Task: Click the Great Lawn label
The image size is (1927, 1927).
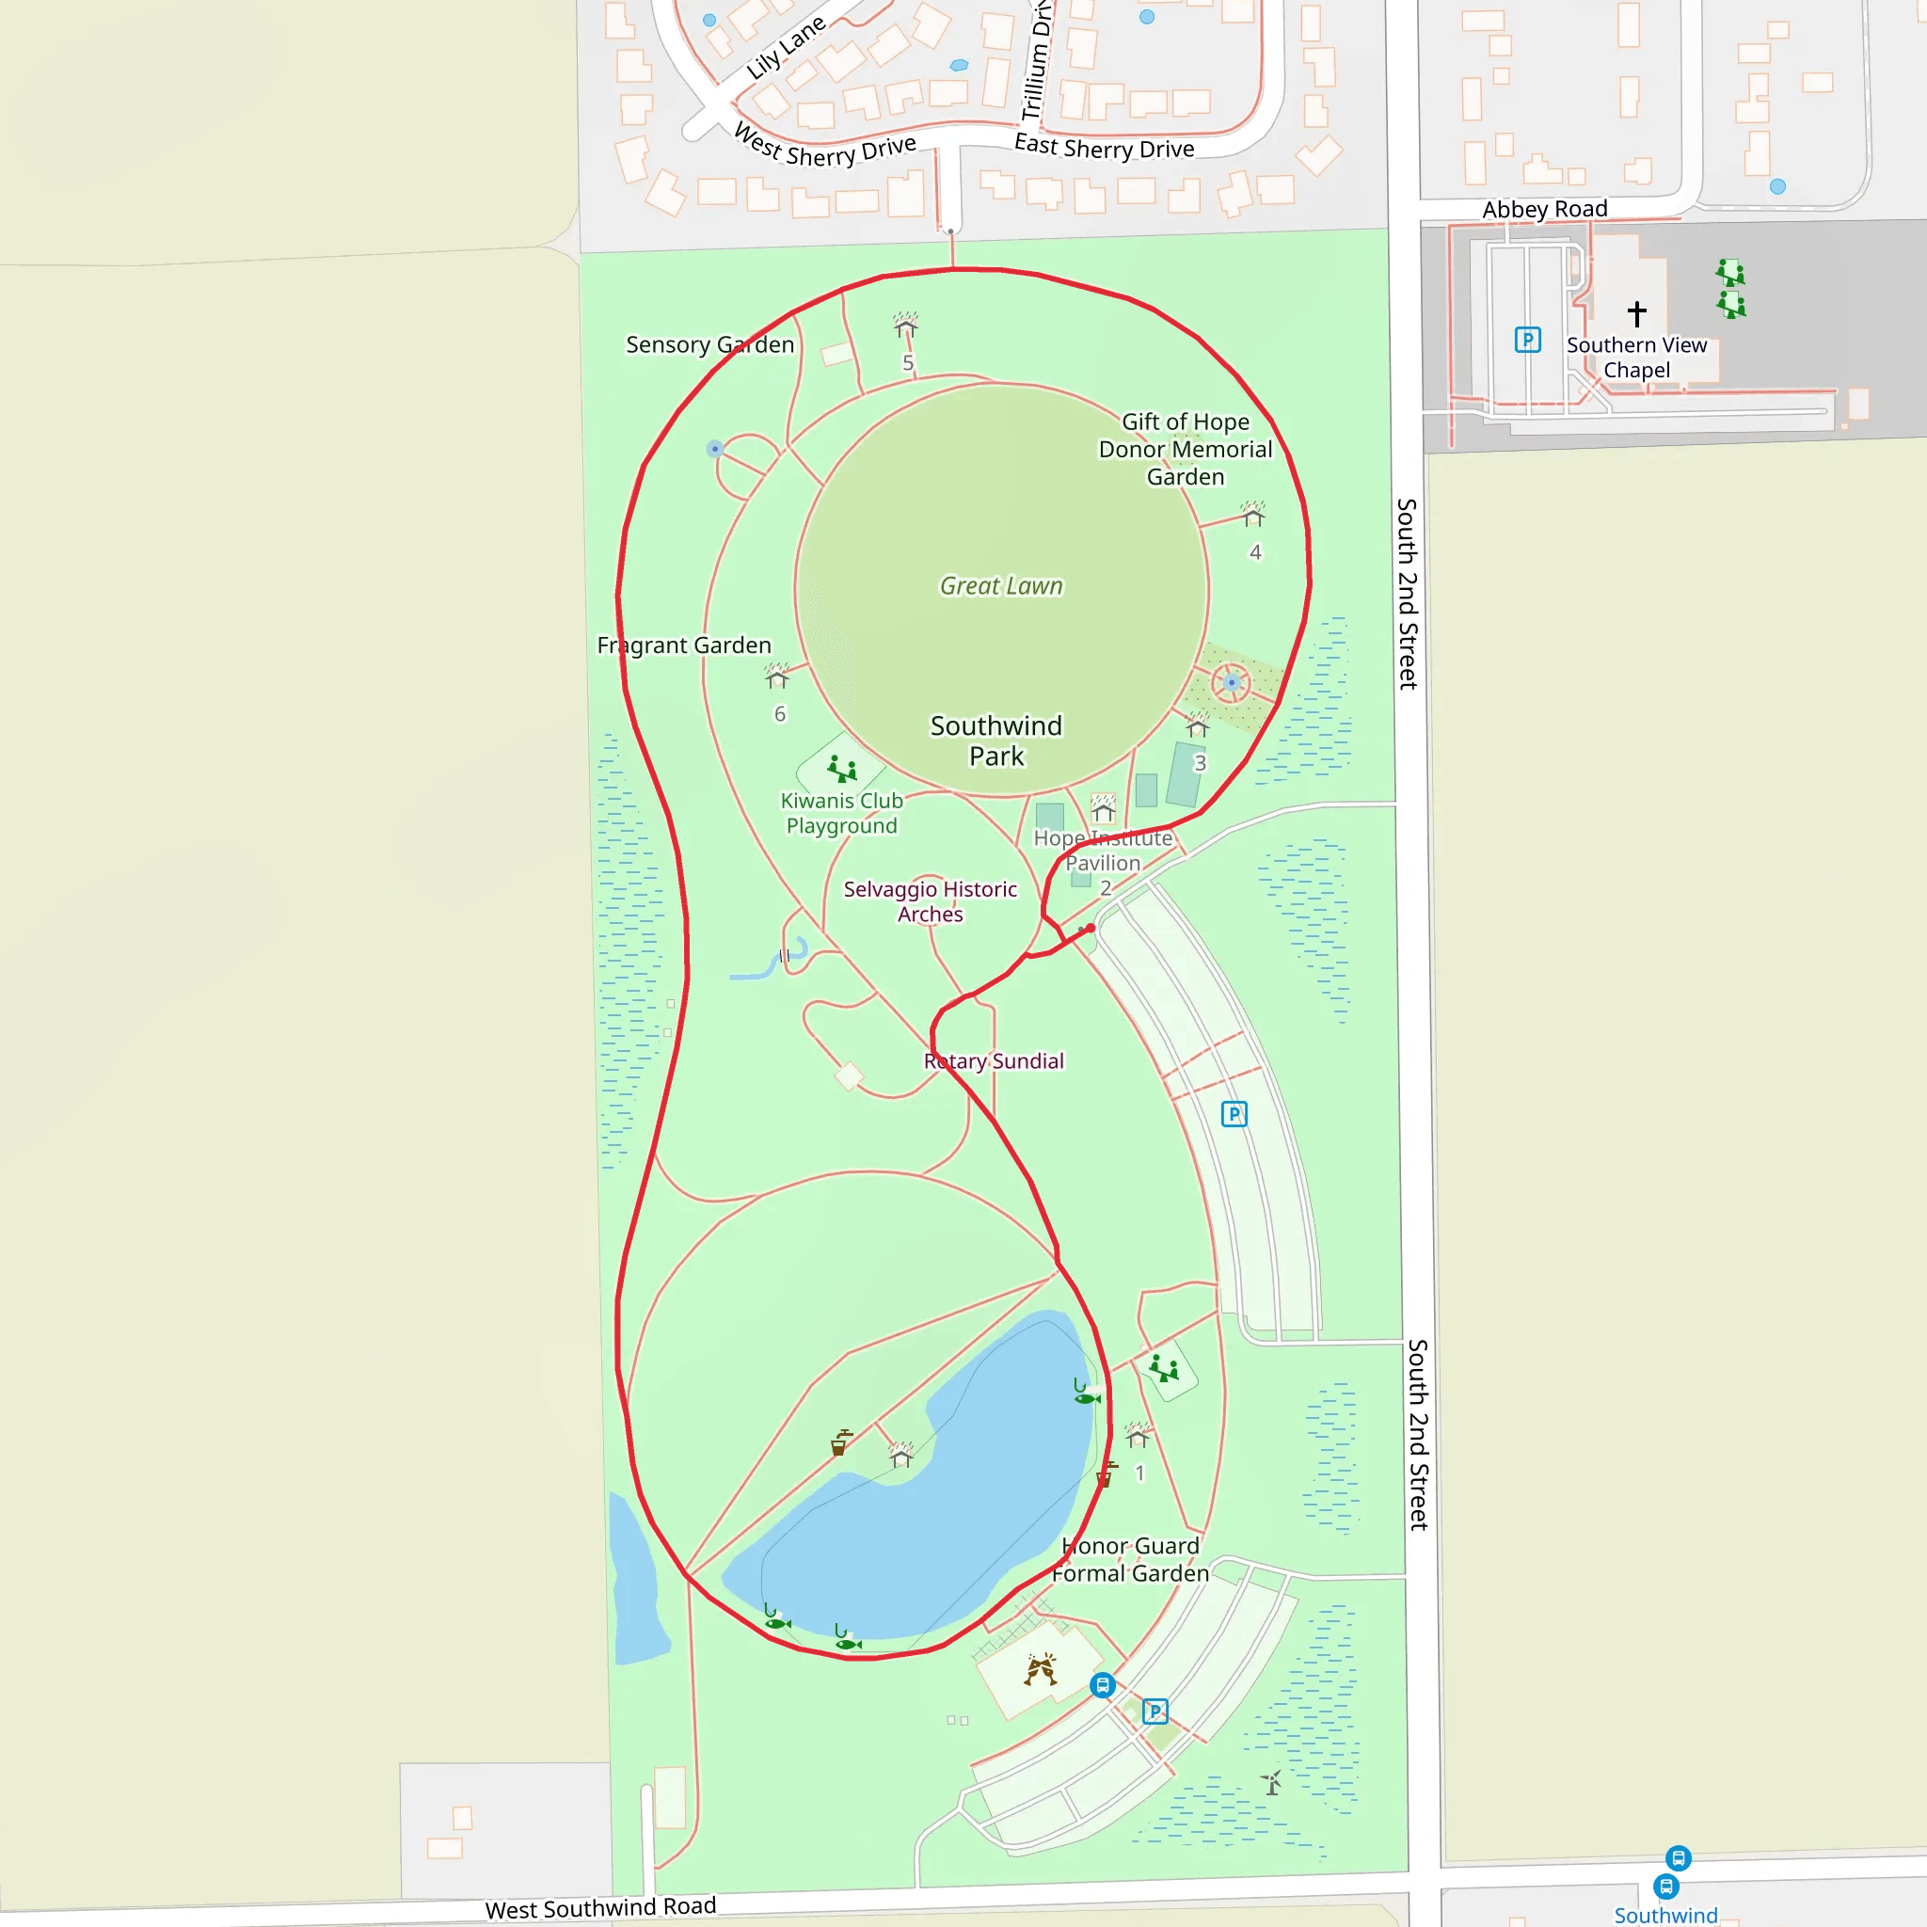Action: pyautogui.click(x=1000, y=585)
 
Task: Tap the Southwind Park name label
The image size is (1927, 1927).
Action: pyautogui.click(x=996, y=741)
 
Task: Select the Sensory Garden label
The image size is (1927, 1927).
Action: pyautogui.click(x=709, y=344)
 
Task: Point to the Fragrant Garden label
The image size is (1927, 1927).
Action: pyautogui.click(x=683, y=645)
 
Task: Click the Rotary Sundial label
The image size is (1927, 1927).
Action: pyautogui.click(x=994, y=1061)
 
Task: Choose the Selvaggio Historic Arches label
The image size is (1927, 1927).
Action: pyautogui.click(x=930, y=901)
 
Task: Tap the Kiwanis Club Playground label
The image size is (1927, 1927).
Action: pyautogui.click(x=841, y=813)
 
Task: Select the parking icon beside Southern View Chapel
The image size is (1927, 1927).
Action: pyautogui.click(x=1527, y=339)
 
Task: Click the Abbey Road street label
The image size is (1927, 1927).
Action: pyautogui.click(x=1544, y=210)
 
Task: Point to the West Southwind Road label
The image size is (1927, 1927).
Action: pyautogui.click(x=600, y=1907)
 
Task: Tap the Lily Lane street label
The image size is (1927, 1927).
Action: pyautogui.click(x=786, y=47)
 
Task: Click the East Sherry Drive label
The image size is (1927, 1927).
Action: pyautogui.click(x=1103, y=147)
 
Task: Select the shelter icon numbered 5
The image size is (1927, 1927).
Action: pyautogui.click(x=906, y=326)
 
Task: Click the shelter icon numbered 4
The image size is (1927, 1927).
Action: pyautogui.click(x=1252, y=515)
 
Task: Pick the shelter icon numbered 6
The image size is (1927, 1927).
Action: pyautogui.click(x=777, y=677)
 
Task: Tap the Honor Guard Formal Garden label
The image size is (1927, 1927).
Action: pyautogui.click(x=1130, y=1559)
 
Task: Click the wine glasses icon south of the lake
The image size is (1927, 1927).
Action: pyautogui.click(x=1041, y=1668)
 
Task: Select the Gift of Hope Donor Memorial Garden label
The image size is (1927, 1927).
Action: pyautogui.click(x=1185, y=449)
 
